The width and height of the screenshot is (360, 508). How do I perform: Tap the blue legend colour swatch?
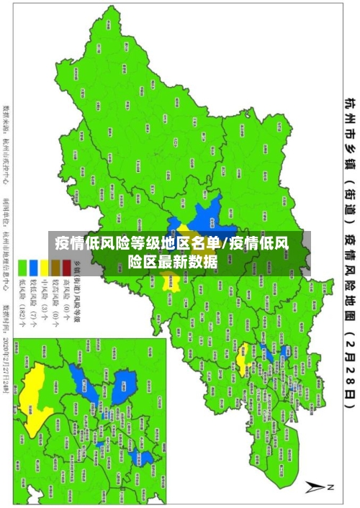33,265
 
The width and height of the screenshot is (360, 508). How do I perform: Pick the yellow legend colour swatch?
44,265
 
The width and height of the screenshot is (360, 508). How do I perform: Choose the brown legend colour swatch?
55,265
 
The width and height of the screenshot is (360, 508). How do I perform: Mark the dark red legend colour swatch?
66,265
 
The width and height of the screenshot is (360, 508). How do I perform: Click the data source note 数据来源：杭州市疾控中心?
7,143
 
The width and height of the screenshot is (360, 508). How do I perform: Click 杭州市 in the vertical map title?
349,119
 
